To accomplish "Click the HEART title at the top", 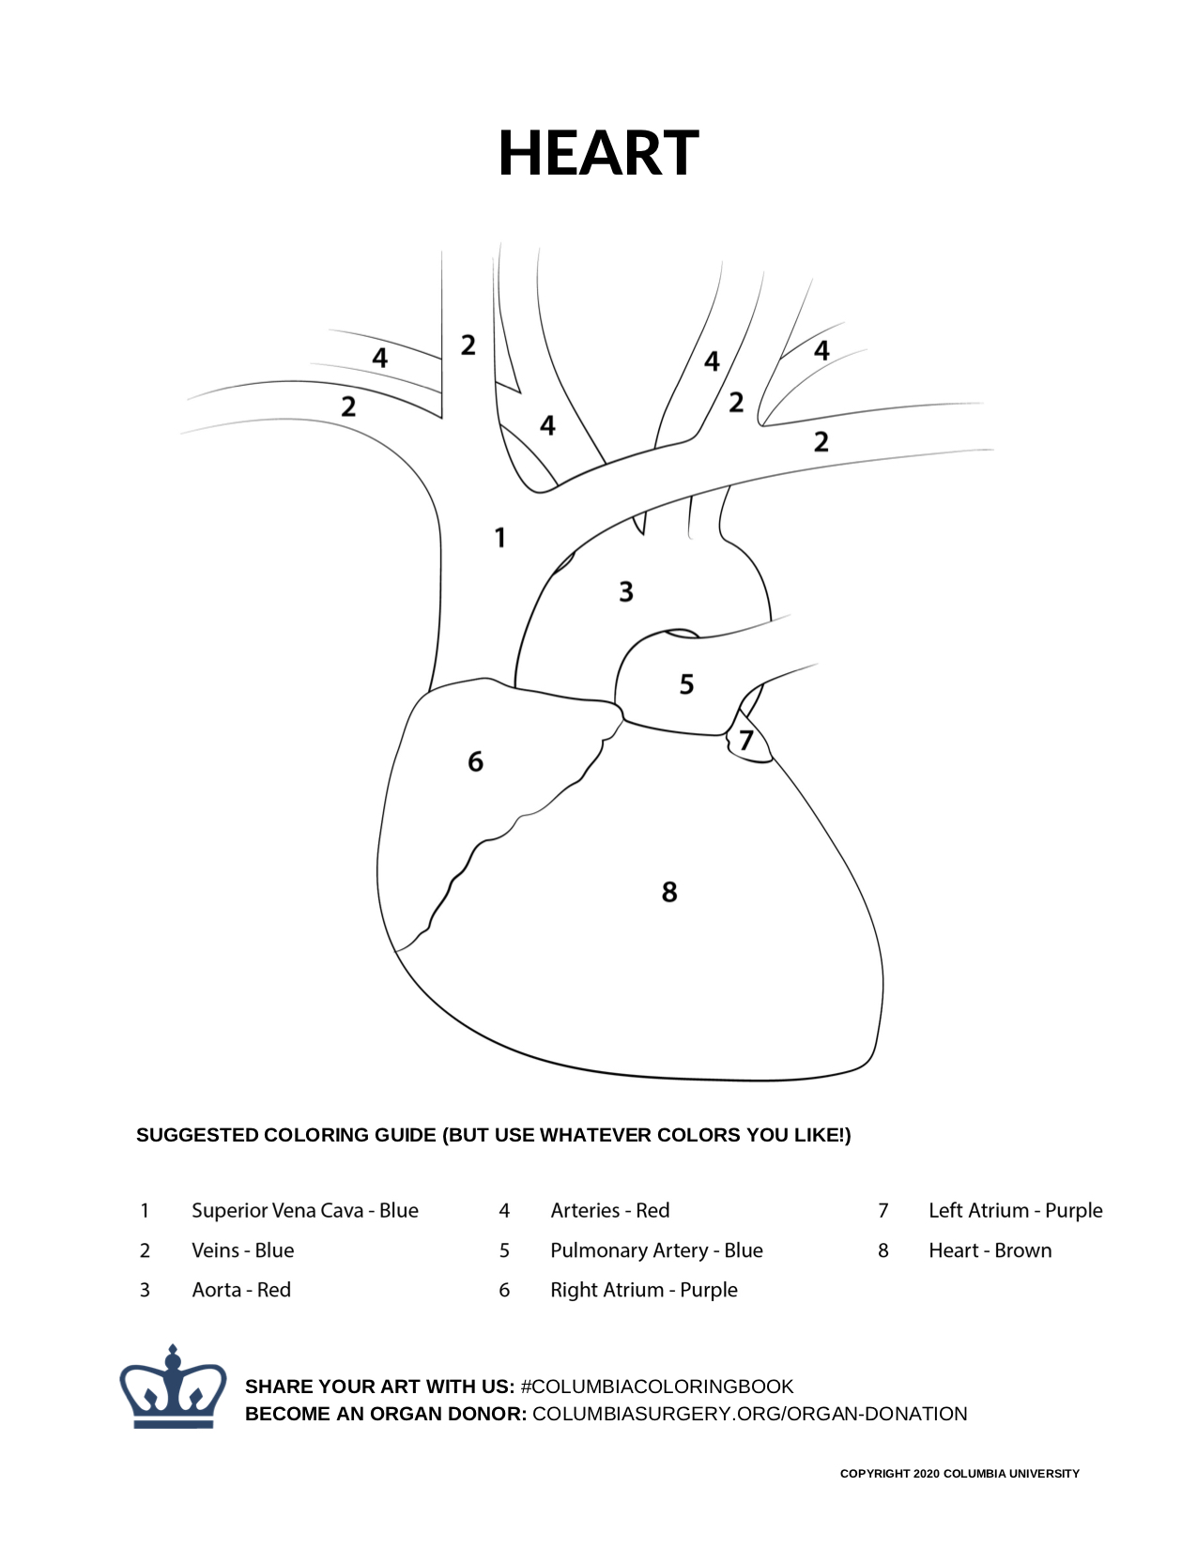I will pyautogui.click(x=598, y=153).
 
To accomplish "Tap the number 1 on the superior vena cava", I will pyautogui.click(x=500, y=538).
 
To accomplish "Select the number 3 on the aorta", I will pyautogui.click(x=626, y=592).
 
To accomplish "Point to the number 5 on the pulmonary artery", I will pyautogui.click(x=686, y=684).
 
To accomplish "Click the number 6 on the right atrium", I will pyautogui.click(x=476, y=761).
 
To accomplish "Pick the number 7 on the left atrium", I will pyautogui.click(x=746, y=741).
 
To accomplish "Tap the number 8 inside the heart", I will pyautogui.click(x=669, y=891).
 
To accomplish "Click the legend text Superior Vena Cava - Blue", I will pyautogui.click(x=305, y=1210).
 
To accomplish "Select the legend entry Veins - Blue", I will pyautogui.click(x=243, y=1250).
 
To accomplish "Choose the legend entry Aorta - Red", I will pyautogui.click(x=241, y=1290).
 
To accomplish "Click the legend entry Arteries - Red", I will pyautogui.click(x=610, y=1210).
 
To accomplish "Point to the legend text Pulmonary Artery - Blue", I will pyautogui.click(x=656, y=1250).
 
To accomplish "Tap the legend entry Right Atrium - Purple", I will pyautogui.click(x=644, y=1290).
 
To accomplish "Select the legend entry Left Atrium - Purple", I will pyautogui.click(x=1015, y=1210).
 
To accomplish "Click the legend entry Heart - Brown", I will pyautogui.click(x=990, y=1250).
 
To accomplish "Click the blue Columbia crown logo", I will pyautogui.click(x=173, y=1388).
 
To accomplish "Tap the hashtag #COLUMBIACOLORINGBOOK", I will pyautogui.click(x=657, y=1387).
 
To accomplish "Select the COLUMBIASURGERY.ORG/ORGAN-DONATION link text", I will pyautogui.click(x=749, y=1414).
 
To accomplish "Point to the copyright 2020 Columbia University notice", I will pyautogui.click(x=959, y=1474).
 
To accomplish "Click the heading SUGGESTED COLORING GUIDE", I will pyautogui.click(x=493, y=1135).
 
